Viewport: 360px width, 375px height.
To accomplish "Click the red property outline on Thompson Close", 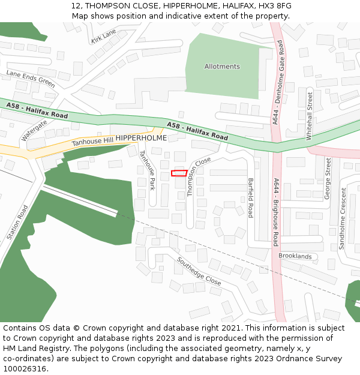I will point(178,173).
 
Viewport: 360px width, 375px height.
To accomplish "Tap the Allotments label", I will point(222,67).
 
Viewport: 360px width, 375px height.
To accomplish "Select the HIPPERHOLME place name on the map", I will point(141,138).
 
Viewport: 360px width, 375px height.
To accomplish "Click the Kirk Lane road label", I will point(103,37).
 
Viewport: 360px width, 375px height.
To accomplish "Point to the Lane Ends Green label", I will point(31,79).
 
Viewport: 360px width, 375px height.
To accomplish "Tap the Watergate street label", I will point(34,131).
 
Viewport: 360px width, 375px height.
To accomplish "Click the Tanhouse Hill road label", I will point(92,142).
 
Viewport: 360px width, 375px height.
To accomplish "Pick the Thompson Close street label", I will point(199,177).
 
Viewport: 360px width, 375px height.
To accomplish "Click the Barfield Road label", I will point(251,197).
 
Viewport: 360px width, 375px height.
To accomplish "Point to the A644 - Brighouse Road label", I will point(276,212).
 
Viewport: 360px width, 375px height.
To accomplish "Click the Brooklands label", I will point(295,256).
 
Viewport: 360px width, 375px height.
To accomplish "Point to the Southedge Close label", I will point(199,271).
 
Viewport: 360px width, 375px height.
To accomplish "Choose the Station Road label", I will point(17,223).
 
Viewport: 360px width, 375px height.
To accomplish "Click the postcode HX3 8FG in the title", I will point(275,6).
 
